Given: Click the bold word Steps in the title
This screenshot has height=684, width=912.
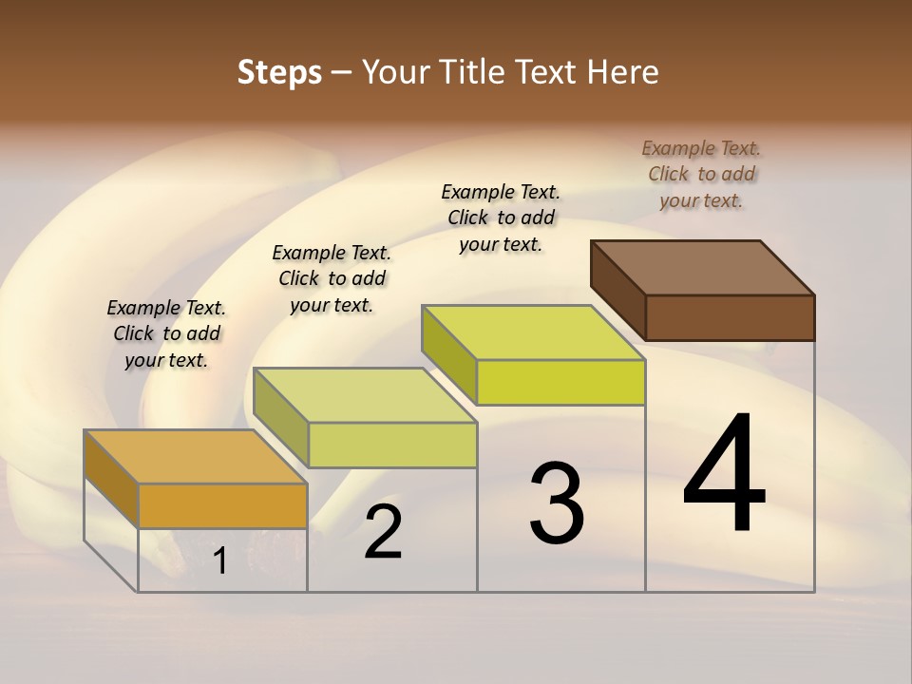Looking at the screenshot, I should pyautogui.click(x=279, y=72).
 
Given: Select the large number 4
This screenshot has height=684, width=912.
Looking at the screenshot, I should pyautogui.click(x=724, y=474).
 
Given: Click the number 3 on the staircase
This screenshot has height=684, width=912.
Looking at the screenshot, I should pyautogui.click(x=557, y=503).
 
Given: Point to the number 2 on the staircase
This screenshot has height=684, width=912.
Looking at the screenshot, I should pyautogui.click(x=383, y=532).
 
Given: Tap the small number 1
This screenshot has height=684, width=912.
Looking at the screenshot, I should pyautogui.click(x=220, y=561).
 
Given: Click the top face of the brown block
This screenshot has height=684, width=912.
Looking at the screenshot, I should pyautogui.click(x=703, y=267).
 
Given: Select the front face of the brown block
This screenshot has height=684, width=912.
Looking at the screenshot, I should pyautogui.click(x=730, y=317).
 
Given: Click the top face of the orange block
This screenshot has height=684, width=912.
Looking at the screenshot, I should pyautogui.click(x=196, y=457).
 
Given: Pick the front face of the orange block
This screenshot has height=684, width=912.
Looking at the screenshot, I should pyautogui.click(x=222, y=505).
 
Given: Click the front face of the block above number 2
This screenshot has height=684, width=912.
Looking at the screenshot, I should pyautogui.click(x=392, y=445).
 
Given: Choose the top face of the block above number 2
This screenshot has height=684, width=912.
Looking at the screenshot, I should pyautogui.click(x=365, y=395).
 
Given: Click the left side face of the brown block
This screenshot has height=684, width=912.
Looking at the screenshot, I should pyautogui.click(x=618, y=290).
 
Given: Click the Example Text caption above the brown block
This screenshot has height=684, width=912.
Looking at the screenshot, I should pyautogui.click(x=701, y=174).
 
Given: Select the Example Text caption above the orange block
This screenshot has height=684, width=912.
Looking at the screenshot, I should pyautogui.click(x=166, y=333).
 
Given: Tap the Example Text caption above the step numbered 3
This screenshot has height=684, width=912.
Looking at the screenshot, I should pyautogui.click(x=501, y=218).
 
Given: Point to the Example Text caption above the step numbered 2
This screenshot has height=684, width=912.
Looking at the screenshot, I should pyautogui.click(x=332, y=278).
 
